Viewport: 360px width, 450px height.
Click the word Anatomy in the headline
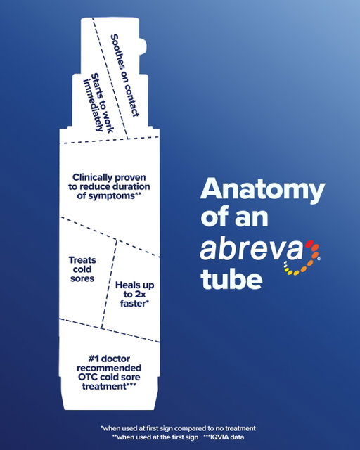click(263, 191)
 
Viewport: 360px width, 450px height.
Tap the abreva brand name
click(251, 248)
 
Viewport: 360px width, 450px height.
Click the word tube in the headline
click(231, 279)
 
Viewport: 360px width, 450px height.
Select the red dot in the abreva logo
click(309, 244)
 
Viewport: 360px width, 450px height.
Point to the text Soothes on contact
click(125, 75)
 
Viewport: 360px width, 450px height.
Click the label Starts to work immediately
click(98, 103)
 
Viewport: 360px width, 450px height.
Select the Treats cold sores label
click(82, 269)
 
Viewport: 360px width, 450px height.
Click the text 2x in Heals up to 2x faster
click(139, 295)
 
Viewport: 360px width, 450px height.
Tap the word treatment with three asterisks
click(109, 386)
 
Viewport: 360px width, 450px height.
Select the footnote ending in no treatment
click(178, 428)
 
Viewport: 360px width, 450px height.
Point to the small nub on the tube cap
click(143, 46)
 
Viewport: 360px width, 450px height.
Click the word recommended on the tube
click(109, 368)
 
